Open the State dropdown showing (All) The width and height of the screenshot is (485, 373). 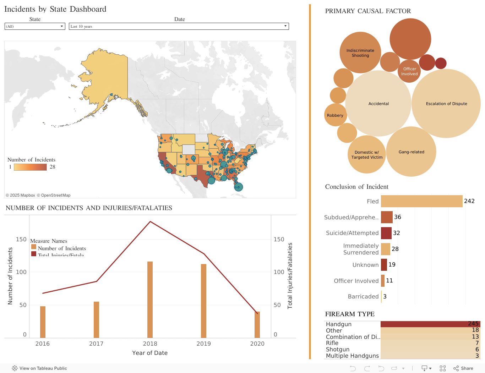pyautogui.click(x=35, y=26)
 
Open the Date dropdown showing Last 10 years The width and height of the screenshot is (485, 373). pyautogui.click(x=179, y=26)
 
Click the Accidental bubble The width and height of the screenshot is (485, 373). pyautogui.click(x=378, y=103)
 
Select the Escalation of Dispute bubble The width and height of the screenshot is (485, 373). pyautogui.click(x=446, y=103)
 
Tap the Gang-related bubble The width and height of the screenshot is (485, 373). pyautogui.click(x=411, y=152)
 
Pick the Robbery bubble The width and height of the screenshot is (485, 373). pyautogui.click(x=335, y=115)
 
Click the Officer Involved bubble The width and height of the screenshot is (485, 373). pyautogui.click(x=409, y=71)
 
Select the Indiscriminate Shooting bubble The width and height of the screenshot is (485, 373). pyautogui.click(x=360, y=53)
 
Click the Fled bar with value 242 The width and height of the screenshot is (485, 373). pyautogui.click(x=421, y=201)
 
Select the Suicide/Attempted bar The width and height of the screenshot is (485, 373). pyautogui.click(x=386, y=233)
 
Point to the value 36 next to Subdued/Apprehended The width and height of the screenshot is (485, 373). pyautogui.click(x=398, y=217)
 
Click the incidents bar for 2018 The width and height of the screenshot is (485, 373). pyautogui.click(x=150, y=300)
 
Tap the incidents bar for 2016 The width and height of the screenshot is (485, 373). pyautogui.click(x=43, y=322)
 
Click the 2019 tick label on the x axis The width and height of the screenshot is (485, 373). pyautogui.click(x=203, y=344)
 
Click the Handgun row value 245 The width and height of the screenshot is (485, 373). pyautogui.click(x=473, y=324)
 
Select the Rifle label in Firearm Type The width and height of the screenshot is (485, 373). pyautogui.click(x=332, y=343)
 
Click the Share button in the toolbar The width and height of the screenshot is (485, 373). pyautogui.click(x=463, y=368)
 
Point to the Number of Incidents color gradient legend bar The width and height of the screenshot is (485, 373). pyautogui.click(x=30, y=167)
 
